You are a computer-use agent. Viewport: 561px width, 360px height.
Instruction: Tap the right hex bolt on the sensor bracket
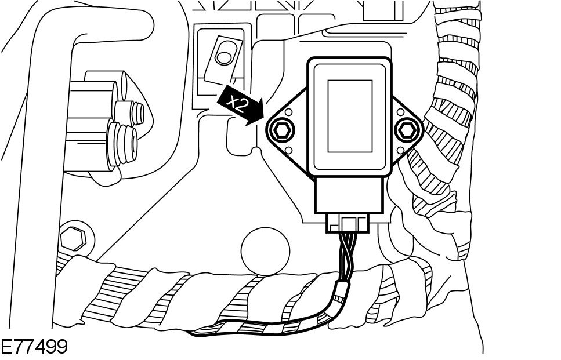pos(408,129)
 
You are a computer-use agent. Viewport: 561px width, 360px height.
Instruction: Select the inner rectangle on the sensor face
pos(350,116)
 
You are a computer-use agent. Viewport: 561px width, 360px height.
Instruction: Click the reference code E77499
pos(34,347)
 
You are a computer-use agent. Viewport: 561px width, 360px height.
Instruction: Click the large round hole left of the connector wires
pos(265,249)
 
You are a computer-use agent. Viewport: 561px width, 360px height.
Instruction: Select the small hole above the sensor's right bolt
pos(401,112)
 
